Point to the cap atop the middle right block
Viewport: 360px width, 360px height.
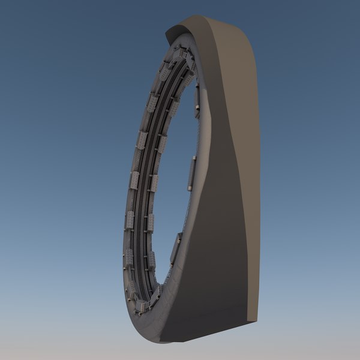[193, 157]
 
